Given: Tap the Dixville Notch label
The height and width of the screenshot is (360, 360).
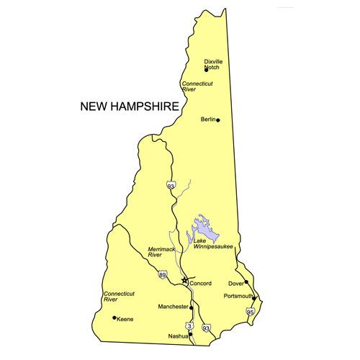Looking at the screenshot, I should coord(214,64).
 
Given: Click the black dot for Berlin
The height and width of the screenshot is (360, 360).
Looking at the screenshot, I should coord(218,120).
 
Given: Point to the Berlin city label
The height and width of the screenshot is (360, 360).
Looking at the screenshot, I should coord(207,120).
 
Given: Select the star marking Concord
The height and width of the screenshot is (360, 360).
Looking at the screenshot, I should coord(185,279).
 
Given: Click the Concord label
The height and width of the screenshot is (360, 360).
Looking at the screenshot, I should coord(199,284).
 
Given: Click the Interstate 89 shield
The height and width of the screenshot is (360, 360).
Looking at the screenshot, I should coord(163,275).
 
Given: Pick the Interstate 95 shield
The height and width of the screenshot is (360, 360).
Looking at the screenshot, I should coord(250,312).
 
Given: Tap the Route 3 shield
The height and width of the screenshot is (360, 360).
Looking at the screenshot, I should coord(189,325).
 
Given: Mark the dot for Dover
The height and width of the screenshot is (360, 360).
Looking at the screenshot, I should coord(246,282).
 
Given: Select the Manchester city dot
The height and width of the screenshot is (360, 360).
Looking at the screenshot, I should coord(191,307).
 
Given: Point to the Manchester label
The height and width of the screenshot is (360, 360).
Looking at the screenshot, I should coord(174,307).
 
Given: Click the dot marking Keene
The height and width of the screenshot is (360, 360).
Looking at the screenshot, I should coord(114,318).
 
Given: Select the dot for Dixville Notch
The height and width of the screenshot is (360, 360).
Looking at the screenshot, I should coord(206,70).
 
